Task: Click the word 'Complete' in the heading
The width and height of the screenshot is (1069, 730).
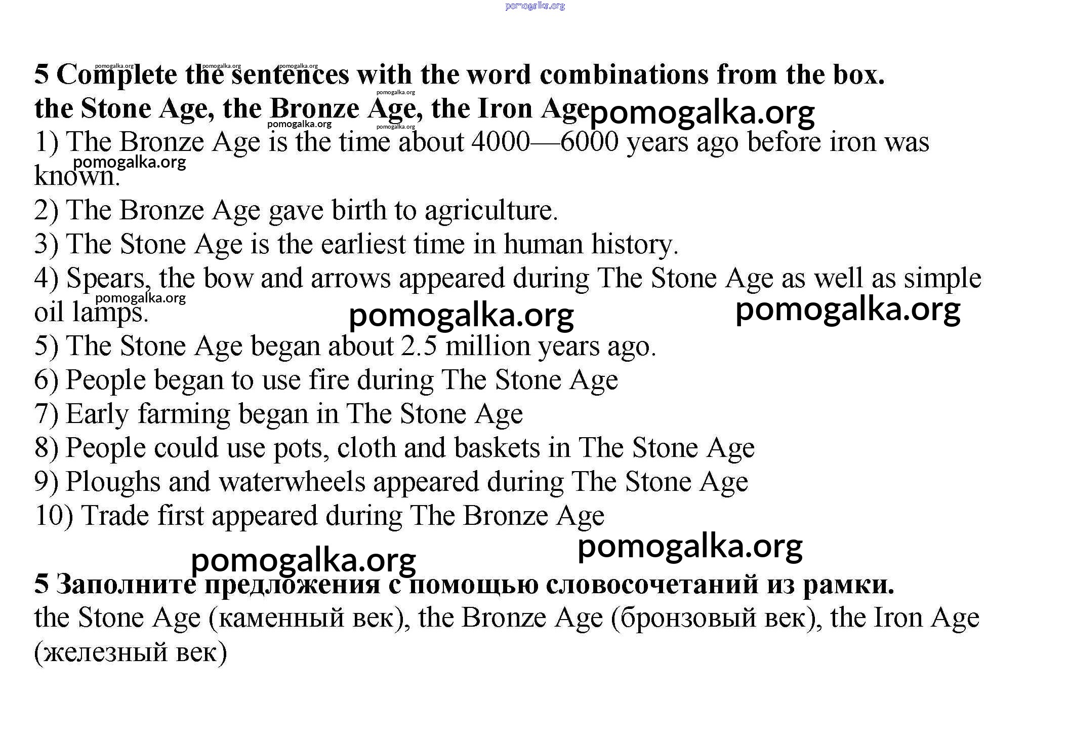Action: tap(116, 75)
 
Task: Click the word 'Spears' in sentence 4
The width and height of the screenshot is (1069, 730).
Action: tap(108, 278)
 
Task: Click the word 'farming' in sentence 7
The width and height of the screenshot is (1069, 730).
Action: tap(184, 414)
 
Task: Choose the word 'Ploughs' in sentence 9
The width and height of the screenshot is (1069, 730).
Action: tap(113, 482)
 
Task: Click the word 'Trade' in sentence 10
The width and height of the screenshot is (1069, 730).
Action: tap(115, 516)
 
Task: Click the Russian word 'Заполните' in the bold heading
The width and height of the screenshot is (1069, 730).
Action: tap(126, 584)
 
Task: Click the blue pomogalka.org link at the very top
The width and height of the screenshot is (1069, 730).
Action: tap(535, 6)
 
